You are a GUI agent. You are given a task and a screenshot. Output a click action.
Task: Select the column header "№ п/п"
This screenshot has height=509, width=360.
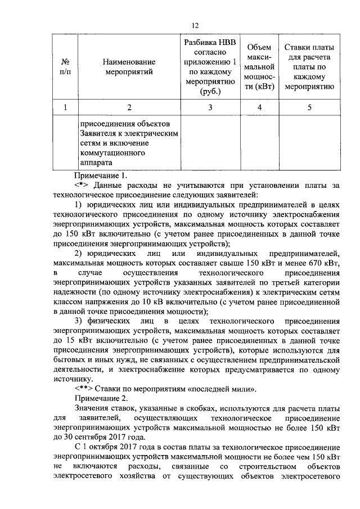(66, 66)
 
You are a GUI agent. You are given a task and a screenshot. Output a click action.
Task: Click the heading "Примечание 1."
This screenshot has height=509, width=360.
(101, 174)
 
